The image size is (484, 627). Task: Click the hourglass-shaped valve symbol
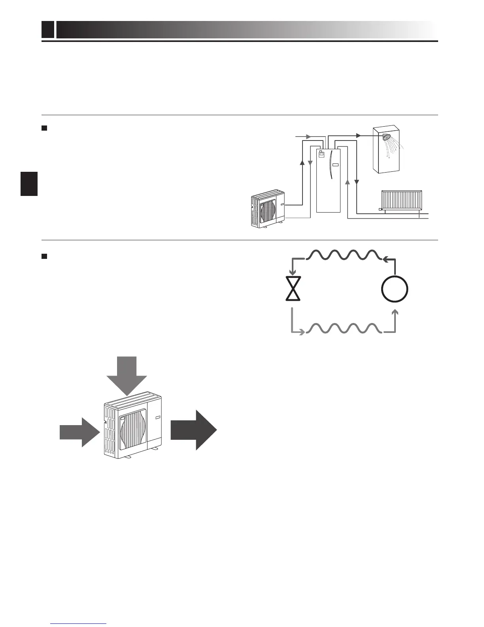tap(293, 289)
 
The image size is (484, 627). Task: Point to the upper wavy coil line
tap(344, 255)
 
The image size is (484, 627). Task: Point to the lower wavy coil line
tap(344, 329)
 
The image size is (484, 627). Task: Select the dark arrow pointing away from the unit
tap(194, 430)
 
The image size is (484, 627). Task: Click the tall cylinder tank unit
tap(328, 180)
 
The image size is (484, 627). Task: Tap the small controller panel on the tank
tap(321, 155)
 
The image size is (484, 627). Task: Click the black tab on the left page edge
tap(29, 184)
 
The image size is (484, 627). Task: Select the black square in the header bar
tap(48, 30)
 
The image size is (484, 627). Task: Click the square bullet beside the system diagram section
tap(44, 128)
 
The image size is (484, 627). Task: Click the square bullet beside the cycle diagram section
tap(44, 256)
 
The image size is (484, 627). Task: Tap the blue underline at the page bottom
tap(79, 623)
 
